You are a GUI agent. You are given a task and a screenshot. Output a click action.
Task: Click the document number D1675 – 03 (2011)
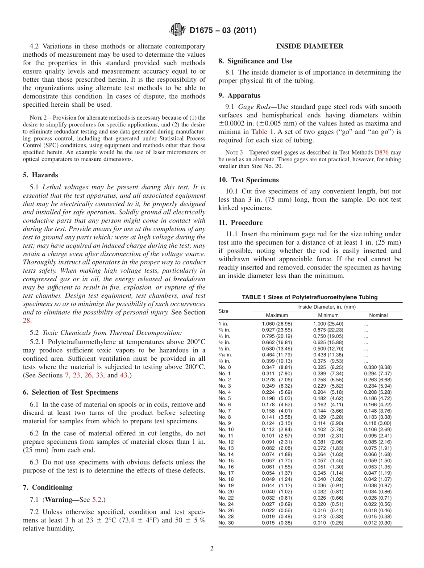tap(223, 31)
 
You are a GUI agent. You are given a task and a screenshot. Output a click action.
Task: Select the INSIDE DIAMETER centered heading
tap(309, 46)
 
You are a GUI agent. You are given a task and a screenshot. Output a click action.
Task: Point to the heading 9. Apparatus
tap(239, 95)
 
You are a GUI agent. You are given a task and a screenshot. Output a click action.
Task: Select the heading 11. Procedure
tap(241, 222)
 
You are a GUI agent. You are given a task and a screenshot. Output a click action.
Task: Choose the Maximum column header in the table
tap(277, 315)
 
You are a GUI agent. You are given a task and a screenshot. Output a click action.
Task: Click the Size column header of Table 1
tap(223, 311)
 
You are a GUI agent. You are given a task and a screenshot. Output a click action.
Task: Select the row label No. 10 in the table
tap(226, 430)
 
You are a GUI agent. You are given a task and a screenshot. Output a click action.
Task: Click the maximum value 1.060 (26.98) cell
tap(277, 324)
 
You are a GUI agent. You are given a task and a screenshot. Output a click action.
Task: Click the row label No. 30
tap(226, 523)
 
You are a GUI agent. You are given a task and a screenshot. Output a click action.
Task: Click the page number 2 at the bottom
tap(212, 548)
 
